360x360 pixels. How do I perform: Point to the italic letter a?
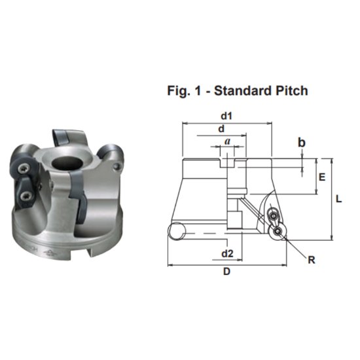click(227, 141)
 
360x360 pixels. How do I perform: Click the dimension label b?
click(302, 141)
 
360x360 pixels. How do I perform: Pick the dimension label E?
click(321, 176)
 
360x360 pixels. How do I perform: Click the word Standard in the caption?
click(243, 91)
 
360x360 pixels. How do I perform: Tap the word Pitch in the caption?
click(291, 91)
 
